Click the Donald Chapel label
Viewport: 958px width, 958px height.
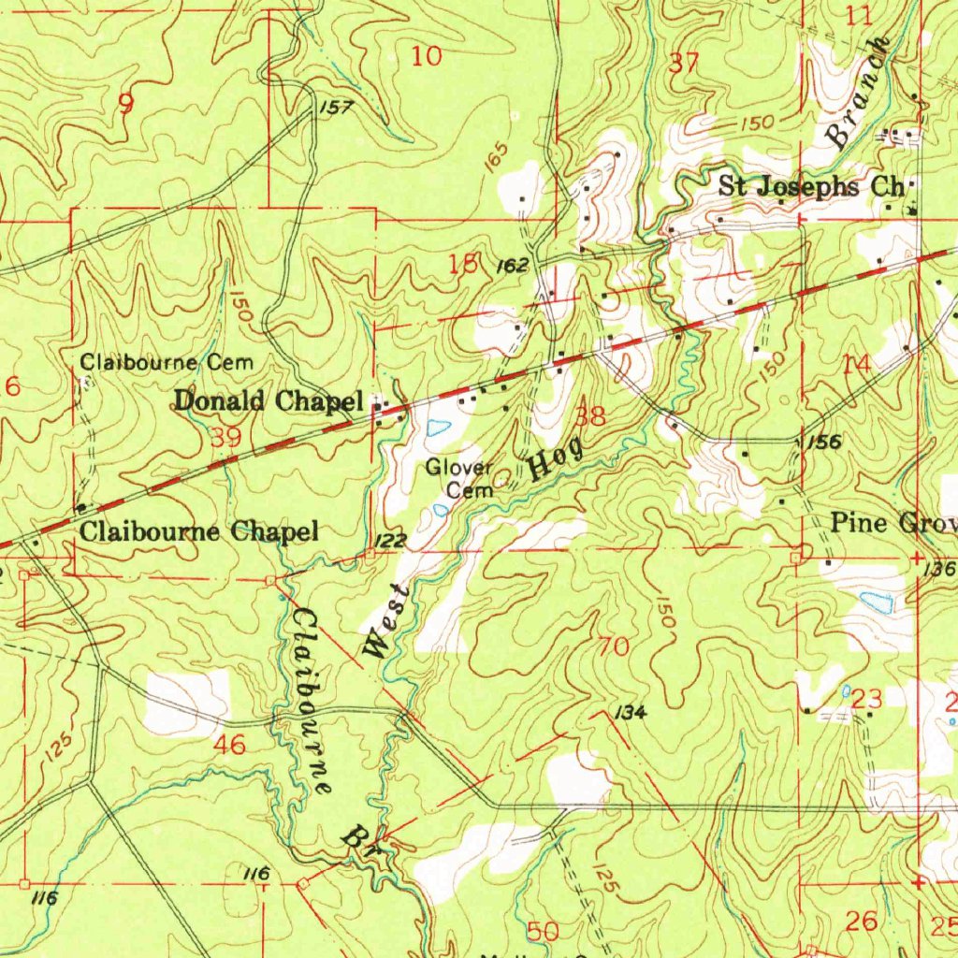click(x=268, y=401)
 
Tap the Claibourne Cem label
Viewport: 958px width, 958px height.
click(x=166, y=361)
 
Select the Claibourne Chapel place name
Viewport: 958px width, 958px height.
click(x=199, y=532)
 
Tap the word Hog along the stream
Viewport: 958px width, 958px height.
click(x=558, y=457)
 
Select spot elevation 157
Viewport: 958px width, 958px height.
click(x=336, y=109)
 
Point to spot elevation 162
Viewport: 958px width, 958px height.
click(x=513, y=267)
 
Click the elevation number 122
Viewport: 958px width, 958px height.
click(x=391, y=541)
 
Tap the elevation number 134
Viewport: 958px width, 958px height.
click(x=631, y=714)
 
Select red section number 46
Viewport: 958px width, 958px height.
click(x=230, y=745)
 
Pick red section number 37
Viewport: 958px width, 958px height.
click(x=684, y=64)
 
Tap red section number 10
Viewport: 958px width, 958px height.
click(x=427, y=56)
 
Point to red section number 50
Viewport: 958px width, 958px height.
click(x=544, y=931)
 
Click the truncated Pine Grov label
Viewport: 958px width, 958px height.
click(x=893, y=522)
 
